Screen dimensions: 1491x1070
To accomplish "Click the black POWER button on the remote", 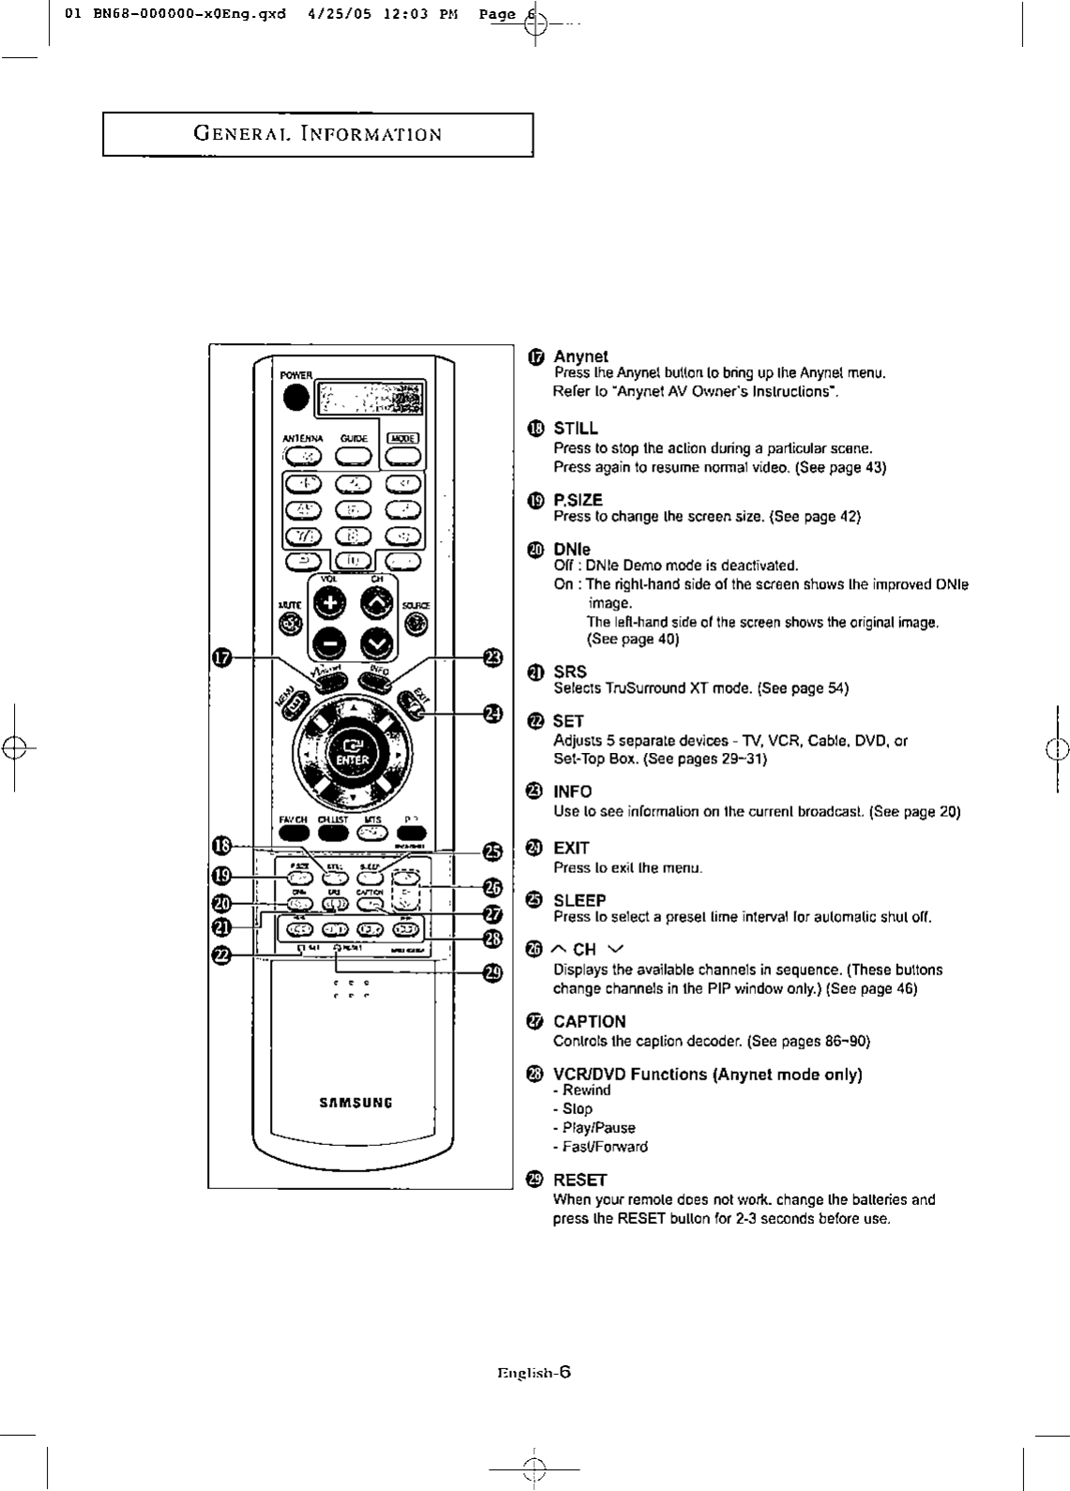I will click(x=296, y=398).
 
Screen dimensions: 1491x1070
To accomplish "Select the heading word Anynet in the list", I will click(x=580, y=356).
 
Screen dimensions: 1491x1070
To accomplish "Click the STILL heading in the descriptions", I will click(x=576, y=429).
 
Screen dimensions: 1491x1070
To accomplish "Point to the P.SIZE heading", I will click(x=578, y=500).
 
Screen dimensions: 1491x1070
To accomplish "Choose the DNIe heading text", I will click(x=572, y=549).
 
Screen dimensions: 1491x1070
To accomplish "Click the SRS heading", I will click(x=570, y=671).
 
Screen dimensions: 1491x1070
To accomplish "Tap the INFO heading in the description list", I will click(x=573, y=791).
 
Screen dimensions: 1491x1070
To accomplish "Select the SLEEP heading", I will click(x=580, y=900).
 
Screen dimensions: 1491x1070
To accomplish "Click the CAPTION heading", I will click(x=589, y=1021).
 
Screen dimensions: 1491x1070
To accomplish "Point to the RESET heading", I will click(x=580, y=1180).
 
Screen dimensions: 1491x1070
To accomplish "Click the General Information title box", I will click(x=318, y=134).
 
